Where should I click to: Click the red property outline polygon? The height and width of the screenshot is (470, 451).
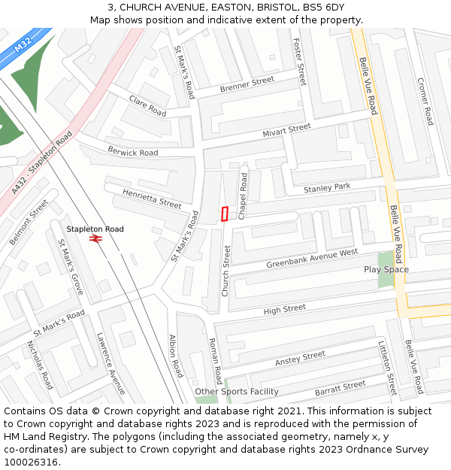(225, 214)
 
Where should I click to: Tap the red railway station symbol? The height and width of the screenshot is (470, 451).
(95, 239)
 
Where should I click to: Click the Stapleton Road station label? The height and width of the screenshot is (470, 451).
(95, 229)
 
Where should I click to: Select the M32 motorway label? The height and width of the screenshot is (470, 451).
(24, 47)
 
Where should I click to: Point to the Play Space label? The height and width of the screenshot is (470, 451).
(386, 269)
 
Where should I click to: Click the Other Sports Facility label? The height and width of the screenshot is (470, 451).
(237, 392)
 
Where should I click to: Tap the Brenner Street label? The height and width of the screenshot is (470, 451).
(247, 85)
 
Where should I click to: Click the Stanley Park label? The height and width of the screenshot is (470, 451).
(327, 187)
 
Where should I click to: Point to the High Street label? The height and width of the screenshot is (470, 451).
(284, 308)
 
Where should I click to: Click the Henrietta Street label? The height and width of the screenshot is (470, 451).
(152, 199)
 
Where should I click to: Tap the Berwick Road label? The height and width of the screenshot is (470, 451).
(132, 152)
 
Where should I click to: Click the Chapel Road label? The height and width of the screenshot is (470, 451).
(243, 196)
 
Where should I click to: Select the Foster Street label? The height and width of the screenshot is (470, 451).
(300, 62)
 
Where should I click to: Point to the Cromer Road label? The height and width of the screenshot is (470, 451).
(425, 102)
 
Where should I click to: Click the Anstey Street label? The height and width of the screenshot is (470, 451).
(300, 359)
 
